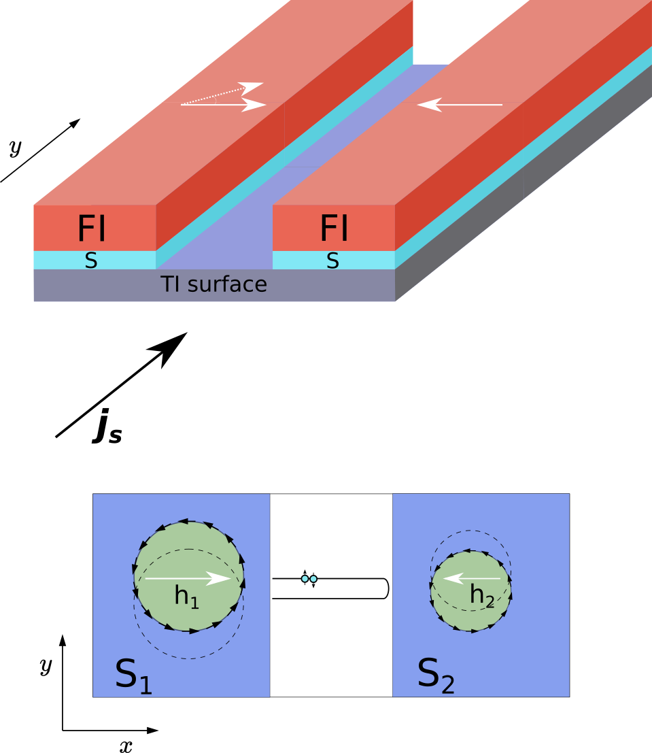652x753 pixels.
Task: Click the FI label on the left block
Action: pyautogui.click(x=92, y=229)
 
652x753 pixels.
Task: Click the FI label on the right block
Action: pyautogui.click(x=334, y=229)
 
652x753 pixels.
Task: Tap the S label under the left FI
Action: pyautogui.click(x=90, y=261)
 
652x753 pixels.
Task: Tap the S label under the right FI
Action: pyautogui.click(x=332, y=261)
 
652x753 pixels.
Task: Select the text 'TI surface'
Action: pyautogui.click(x=213, y=284)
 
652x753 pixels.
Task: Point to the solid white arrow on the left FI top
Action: pyautogui.click(x=224, y=105)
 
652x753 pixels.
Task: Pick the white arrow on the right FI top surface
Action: pyautogui.click(x=460, y=105)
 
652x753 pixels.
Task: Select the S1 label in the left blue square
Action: pyautogui.click(x=133, y=675)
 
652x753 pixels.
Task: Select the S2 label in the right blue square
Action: pyautogui.click(x=436, y=675)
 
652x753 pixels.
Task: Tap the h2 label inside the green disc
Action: pyautogui.click(x=482, y=596)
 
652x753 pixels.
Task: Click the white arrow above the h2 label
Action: pyautogui.click(x=472, y=579)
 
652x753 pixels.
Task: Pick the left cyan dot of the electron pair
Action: pyautogui.click(x=305, y=579)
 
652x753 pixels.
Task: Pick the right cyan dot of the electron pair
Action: pyautogui.click(x=313, y=579)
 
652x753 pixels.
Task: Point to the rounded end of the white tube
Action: pyautogui.click(x=385, y=588)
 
